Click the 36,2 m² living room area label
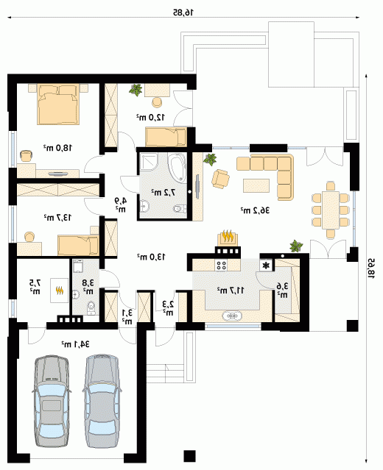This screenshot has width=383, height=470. click(255, 210)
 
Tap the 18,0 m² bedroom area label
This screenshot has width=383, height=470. click(58, 147)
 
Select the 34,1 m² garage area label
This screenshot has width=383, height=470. click(75, 344)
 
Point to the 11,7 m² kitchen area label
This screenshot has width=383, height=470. click(231, 290)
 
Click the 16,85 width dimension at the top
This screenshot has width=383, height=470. click(183, 12)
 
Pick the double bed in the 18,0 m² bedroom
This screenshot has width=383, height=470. click(58, 104)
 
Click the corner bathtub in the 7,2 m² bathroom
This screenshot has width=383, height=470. click(177, 168)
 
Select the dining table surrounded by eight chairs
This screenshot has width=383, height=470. click(331, 210)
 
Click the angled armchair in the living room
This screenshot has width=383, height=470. click(221, 179)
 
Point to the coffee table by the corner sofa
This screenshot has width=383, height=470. click(256, 185)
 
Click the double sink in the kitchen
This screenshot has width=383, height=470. click(232, 316)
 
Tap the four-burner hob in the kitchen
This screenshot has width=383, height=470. click(222, 265)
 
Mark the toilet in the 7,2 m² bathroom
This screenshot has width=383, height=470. click(180, 208)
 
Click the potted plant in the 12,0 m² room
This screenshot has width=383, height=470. click(136, 90)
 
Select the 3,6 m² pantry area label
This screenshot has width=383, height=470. click(282, 290)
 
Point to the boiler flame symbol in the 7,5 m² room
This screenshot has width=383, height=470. click(60, 290)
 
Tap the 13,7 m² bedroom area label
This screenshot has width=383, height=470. click(58, 217)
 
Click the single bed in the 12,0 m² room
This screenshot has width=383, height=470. click(166, 137)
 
